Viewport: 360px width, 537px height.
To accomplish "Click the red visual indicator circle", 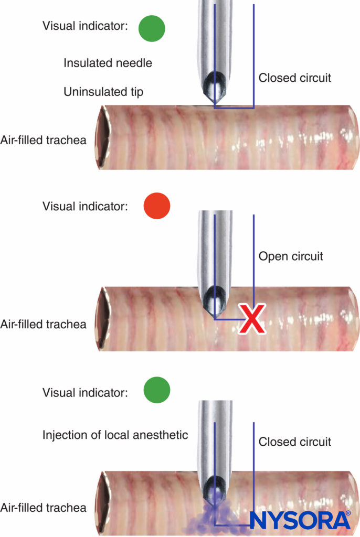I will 157,206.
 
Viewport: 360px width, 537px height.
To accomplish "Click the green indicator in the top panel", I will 152,28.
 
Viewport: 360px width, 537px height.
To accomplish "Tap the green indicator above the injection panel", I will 157,391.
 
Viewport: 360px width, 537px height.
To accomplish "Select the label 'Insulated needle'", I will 108,63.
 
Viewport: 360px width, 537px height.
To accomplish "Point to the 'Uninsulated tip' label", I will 103,92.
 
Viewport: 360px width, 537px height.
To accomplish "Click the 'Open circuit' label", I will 291,256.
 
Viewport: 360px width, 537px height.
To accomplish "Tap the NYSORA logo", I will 300,520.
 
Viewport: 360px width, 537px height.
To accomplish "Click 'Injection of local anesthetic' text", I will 115,435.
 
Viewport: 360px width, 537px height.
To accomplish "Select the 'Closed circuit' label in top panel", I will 295,78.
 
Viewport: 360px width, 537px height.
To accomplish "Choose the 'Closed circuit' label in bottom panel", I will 295,442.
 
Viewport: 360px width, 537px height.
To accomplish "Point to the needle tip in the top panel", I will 215,103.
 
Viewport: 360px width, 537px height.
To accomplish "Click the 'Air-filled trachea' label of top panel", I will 44,140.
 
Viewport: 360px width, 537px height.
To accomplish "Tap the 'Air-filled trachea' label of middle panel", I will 44,324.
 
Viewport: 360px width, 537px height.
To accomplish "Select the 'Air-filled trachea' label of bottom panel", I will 44,507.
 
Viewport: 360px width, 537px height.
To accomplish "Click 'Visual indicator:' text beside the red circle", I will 85,206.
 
